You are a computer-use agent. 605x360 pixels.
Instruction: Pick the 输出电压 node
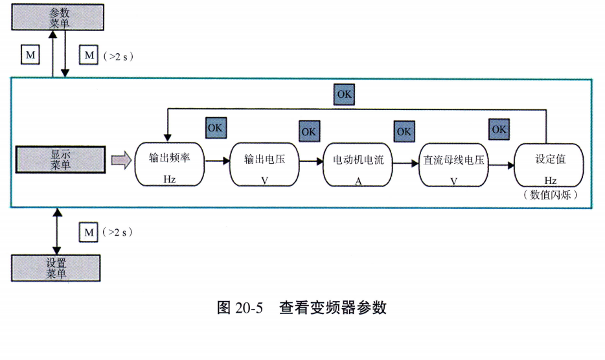click(264, 164)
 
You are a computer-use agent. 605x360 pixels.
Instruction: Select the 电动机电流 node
click(358, 164)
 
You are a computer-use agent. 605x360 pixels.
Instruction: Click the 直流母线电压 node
click(453, 164)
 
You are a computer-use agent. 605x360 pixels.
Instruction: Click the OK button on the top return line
click(345, 95)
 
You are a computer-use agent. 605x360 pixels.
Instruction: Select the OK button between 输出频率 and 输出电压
click(214, 128)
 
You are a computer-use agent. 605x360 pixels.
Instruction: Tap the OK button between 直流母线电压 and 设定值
click(499, 130)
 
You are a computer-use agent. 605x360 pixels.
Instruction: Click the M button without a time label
click(30, 55)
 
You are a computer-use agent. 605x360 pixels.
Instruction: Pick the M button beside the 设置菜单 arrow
click(88, 231)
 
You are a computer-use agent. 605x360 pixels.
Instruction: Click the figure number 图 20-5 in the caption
click(239, 307)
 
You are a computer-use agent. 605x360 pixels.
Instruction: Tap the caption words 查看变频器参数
click(333, 307)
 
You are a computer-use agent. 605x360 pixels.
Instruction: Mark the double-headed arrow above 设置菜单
click(57, 231)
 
